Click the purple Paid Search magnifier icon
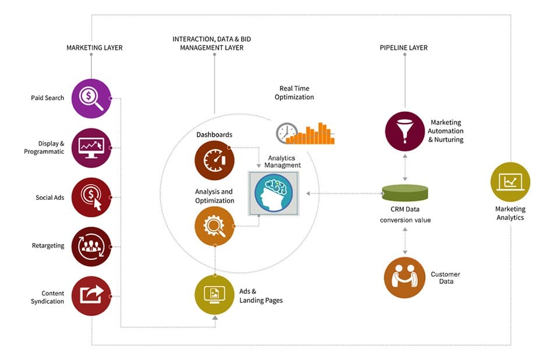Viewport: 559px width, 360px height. [91, 98]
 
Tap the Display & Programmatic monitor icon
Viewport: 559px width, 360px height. [91, 148]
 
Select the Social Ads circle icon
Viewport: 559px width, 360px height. [91, 197]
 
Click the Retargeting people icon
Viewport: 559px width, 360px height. [91, 246]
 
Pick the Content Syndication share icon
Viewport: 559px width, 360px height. [91, 296]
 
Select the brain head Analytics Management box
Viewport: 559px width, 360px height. [273, 193]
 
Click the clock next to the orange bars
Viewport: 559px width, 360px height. [286, 133]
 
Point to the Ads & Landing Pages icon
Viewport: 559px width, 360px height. [215, 295]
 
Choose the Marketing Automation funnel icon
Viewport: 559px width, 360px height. [405, 131]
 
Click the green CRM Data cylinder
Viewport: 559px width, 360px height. [405, 192]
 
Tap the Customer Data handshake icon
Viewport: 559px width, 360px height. [405, 277]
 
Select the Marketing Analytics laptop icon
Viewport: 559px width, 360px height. [511, 182]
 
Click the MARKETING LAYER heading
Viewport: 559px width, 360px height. [94, 48]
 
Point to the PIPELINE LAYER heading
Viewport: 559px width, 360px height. [404, 48]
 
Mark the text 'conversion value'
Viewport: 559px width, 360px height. [405, 220]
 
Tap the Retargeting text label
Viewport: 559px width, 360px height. [48, 246]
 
